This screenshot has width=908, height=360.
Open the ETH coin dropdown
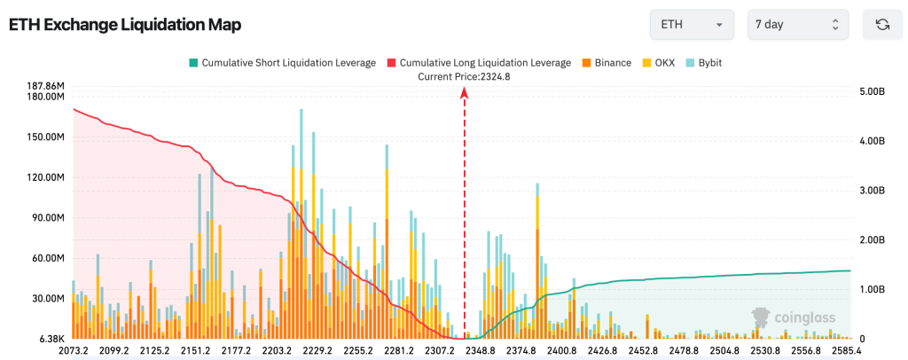tap(692, 25)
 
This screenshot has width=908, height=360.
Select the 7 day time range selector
tap(797, 25)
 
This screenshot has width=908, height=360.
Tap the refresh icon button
tap(882, 25)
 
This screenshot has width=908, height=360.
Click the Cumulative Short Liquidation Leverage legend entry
tap(281, 63)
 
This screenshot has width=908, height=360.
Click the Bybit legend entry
tap(705, 63)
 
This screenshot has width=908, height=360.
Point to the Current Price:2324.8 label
tap(464, 76)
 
